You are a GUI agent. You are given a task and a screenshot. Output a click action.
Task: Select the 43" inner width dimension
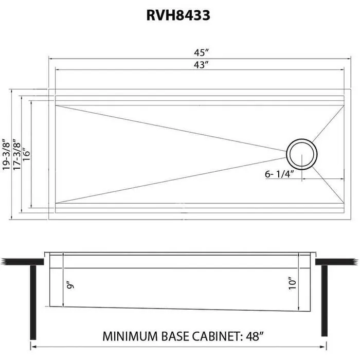click(x=201, y=65)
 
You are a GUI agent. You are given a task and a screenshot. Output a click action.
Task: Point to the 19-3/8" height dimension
click(x=6, y=154)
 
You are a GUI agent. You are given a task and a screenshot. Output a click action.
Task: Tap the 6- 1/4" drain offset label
click(x=278, y=174)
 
